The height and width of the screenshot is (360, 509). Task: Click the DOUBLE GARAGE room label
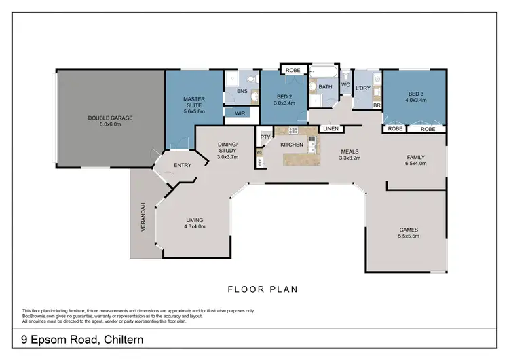pyautogui.click(x=110, y=121)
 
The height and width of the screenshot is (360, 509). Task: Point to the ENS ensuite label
pyautogui.click(x=242, y=90)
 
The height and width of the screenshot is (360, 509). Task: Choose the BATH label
pyautogui.click(x=325, y=87)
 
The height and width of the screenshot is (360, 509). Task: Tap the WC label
pyautogui.click(x=345, y=85)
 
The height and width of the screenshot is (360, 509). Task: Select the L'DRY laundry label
pyautogui.click(x=362, y=88)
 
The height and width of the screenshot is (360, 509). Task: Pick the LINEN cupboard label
pyautogui.click(x=331, y=128)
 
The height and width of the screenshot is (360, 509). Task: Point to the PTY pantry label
pyautogui.click(x=265, y=137)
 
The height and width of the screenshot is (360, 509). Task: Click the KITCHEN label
pyautogui.click(x=291, y=144)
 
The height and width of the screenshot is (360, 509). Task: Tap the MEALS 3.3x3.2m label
pyautogui.click(x=349, y=155)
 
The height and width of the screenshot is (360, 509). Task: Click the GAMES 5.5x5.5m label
pyautogui.click(x=408, y=233)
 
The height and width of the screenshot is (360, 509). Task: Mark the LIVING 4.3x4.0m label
pyautogui.click(x=195, y=223)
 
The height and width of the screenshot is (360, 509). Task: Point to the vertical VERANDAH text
pyautogui.click(x=143, y=218)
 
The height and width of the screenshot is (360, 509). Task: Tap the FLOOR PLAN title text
pyautogui.click(x=262, y=289)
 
